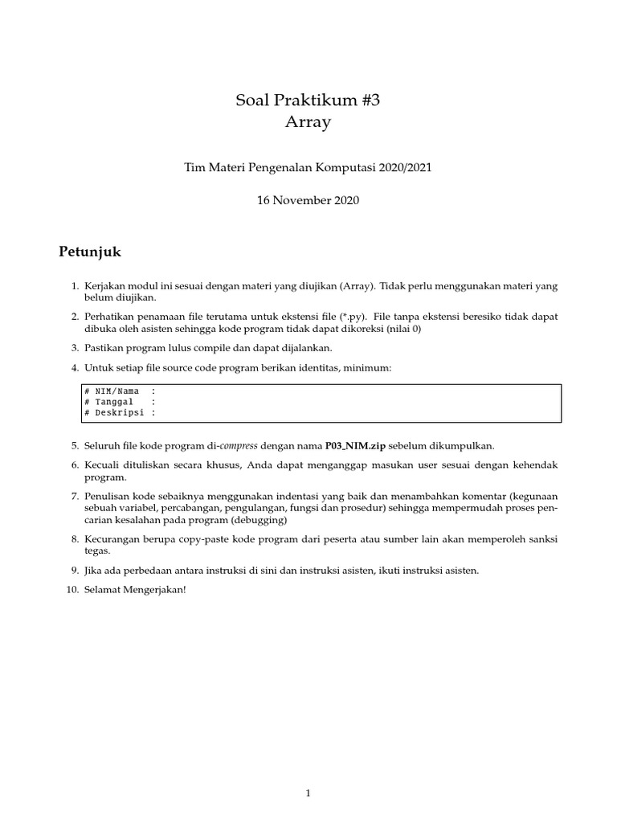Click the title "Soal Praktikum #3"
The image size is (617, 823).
pyautogui.click(x=308, y=100)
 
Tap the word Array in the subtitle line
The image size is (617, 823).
pyautogui.click(x=308, y=123)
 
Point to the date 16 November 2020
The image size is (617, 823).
pyautogui.click(x=308, y=201)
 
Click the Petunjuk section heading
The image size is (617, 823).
pyautogui.click(x=90, y=252)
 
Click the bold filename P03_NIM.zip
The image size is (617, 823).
pyautogui.click(x=361, y=445)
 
